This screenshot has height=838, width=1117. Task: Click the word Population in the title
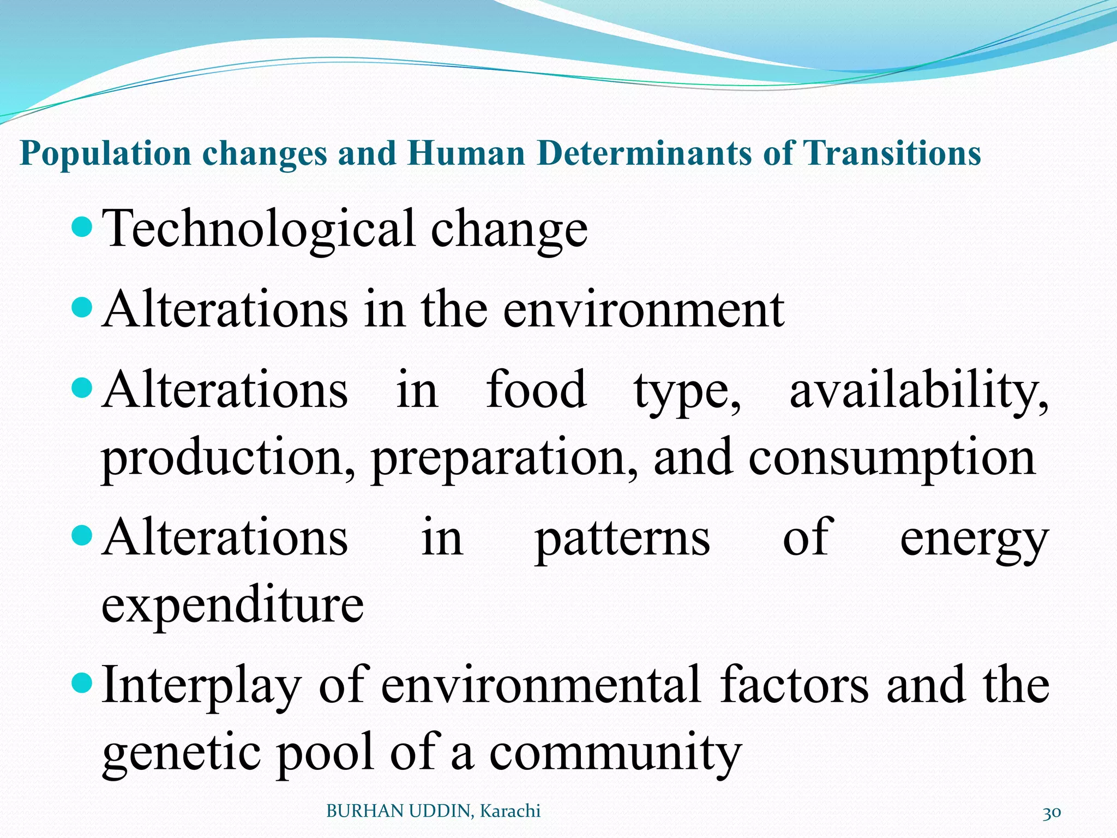pyautogui.click(x=105, y=153)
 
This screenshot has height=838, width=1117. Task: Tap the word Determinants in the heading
pyautogui.click(x=645, y=153)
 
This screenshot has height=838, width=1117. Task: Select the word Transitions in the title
pyautogui.click(x=892, y=153)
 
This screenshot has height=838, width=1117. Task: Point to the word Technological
pyautogui.click(x=259, y=229)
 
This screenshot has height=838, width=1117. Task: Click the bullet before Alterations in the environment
pyautogui.click(x=82, y=307)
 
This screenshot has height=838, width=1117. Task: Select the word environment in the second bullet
pyautogui.click(x=644, y=310)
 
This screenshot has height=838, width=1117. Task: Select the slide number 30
pyautogui.click(x=1052, y=813)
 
